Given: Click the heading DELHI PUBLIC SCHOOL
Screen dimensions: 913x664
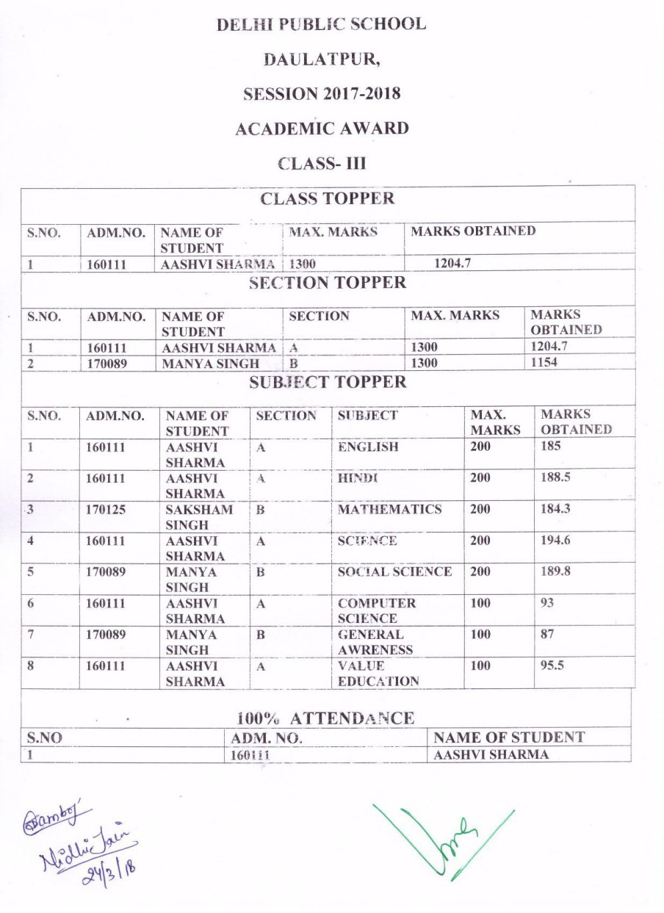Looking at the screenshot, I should click(321, 24).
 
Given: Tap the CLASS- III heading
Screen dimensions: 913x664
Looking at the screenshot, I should click(322, 163).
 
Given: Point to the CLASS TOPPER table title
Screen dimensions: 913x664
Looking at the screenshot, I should click(327, 198).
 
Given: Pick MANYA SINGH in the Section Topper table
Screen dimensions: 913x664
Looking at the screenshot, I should click(210, 363).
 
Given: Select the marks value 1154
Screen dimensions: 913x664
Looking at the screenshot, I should click(544, 363).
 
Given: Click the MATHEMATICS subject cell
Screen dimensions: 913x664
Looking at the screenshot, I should click(389, 509).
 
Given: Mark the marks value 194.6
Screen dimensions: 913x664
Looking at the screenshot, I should click(555, 541).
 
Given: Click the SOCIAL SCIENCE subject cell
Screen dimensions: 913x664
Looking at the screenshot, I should click(394, 571).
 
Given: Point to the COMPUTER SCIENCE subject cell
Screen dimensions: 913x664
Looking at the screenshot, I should click(376, 610).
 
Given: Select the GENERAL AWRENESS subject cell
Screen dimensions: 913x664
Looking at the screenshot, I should click(375, 641).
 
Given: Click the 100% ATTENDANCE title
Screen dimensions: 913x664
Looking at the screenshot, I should click(325, 718).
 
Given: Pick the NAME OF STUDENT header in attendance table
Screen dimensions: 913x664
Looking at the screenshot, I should click(509, 737).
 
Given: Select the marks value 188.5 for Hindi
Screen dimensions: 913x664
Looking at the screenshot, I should click(555, 477).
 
